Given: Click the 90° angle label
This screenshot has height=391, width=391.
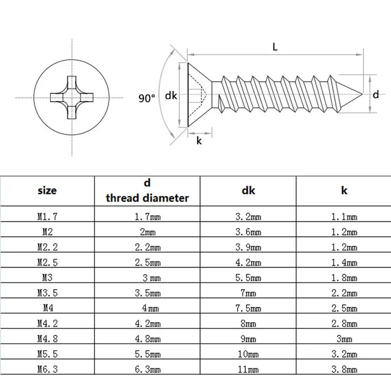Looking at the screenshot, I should [147, 98].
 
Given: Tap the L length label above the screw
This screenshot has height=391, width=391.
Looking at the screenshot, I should [275, 47].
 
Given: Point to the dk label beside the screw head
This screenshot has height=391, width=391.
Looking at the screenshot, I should [171, 95].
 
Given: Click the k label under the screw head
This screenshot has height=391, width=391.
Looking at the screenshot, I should [199, 141].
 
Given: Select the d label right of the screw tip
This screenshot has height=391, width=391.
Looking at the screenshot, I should [376, 94].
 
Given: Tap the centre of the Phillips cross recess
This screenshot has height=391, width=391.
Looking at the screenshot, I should [72, 97].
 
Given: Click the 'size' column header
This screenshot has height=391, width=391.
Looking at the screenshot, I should [47, 190].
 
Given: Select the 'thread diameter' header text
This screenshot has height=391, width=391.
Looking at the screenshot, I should [147, 198].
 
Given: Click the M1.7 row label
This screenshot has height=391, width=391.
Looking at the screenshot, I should [47, 217].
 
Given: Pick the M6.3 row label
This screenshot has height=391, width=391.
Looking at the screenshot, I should [47, 369].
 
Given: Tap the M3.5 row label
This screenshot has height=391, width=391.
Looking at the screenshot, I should [47, 293].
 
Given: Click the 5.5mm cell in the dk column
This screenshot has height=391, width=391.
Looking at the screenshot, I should [248, 278].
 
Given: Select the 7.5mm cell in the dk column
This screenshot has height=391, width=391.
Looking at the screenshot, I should [248, 308].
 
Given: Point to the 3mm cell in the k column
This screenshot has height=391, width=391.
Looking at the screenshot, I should [344, 339].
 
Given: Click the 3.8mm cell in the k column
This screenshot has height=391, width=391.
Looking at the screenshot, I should [344, 369].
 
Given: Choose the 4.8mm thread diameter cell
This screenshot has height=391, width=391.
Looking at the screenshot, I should [147, 339].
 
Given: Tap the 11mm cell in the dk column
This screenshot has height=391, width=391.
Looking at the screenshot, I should [248, 369].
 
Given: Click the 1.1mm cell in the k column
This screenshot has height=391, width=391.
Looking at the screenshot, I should [344, 217].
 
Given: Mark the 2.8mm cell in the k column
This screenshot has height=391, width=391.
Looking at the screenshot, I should [344, 324].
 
